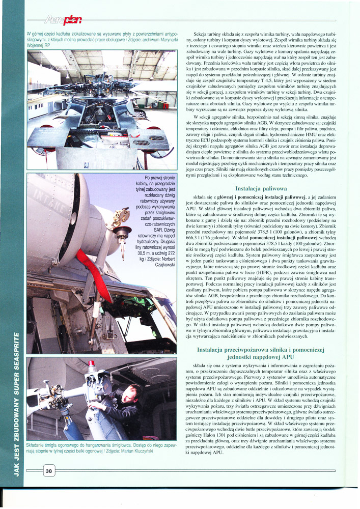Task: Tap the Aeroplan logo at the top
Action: pos(66,20)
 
